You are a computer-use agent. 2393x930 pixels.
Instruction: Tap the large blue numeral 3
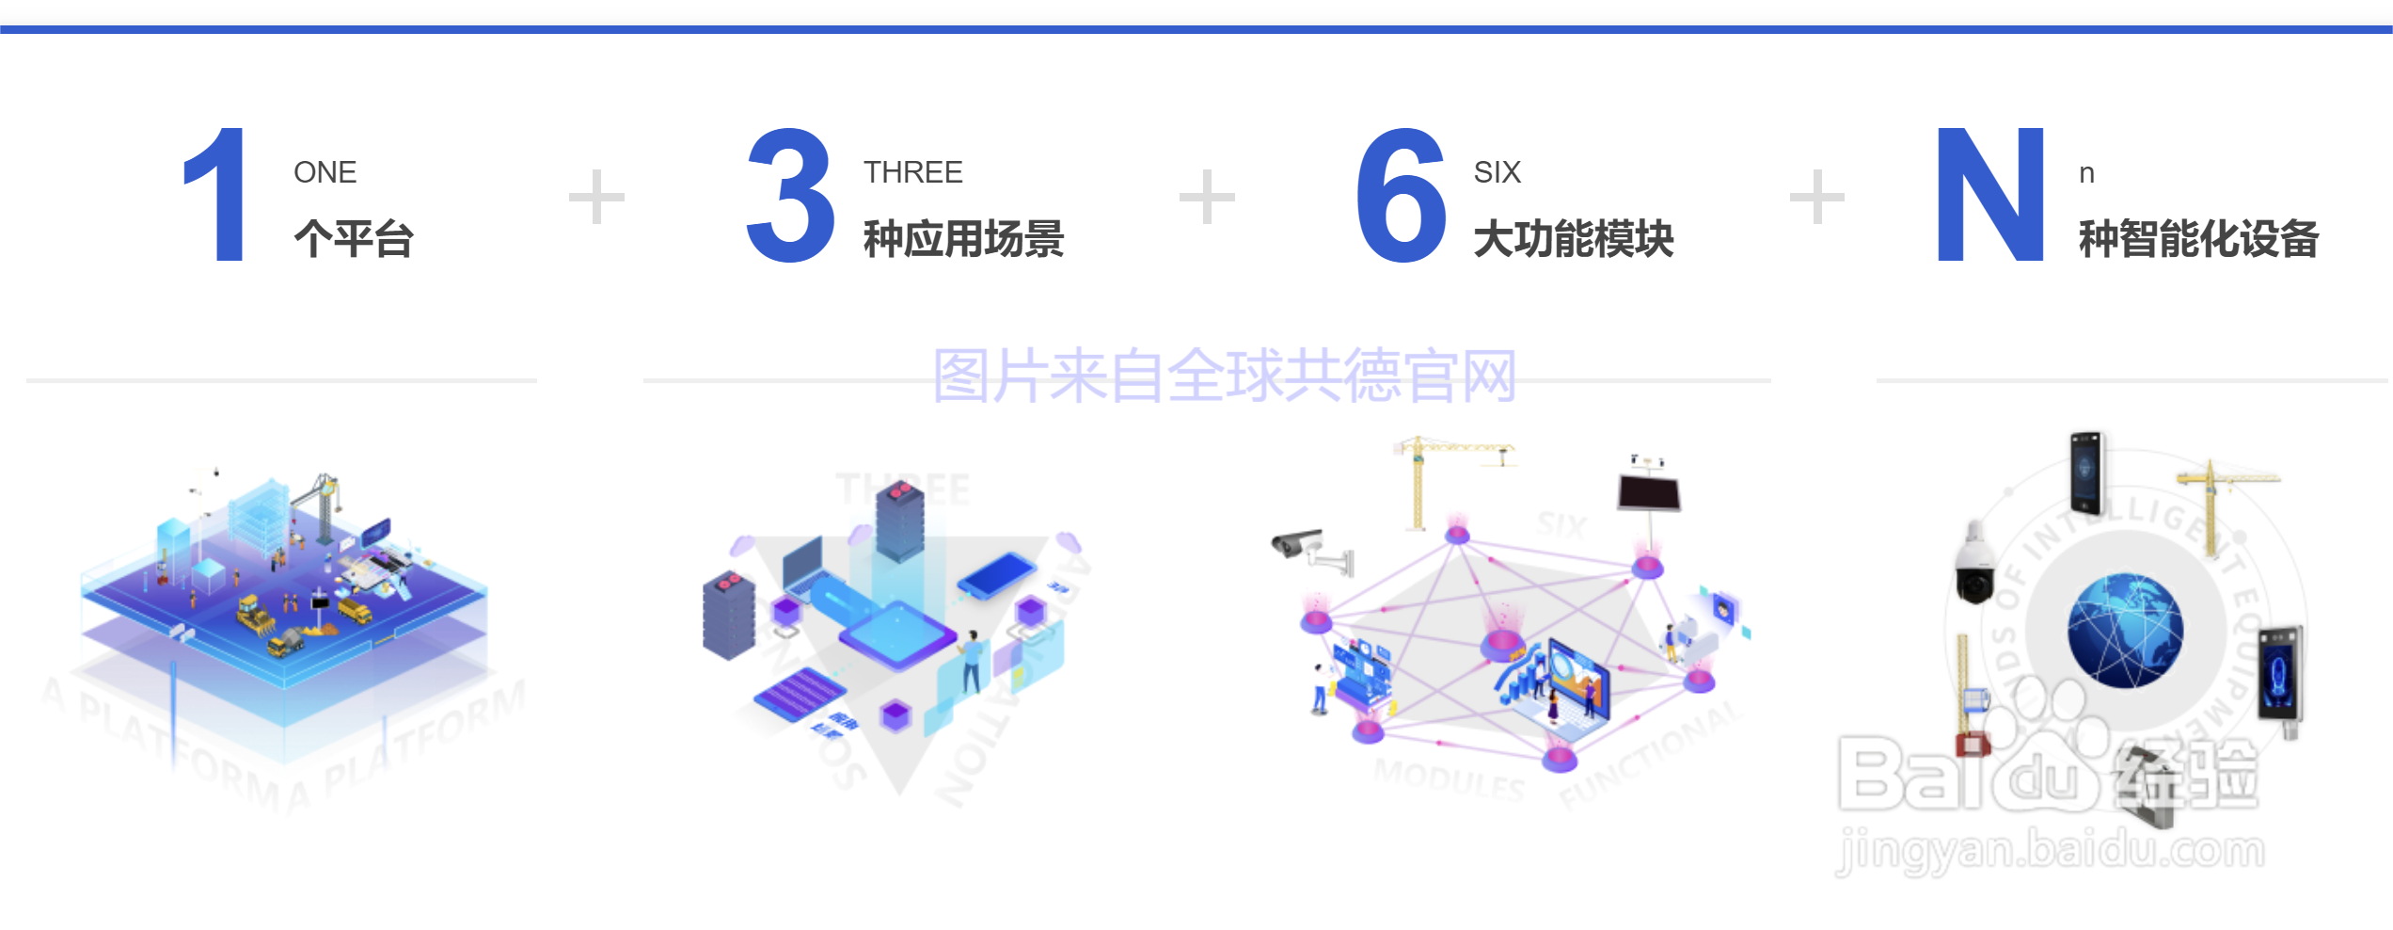coord(790,194)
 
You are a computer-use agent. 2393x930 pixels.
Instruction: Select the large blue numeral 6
coord(1401,194)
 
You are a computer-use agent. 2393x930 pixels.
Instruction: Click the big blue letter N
coord(1989,194)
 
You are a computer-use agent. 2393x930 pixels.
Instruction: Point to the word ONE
coord(325,172)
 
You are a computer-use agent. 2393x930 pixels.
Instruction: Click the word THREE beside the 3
coord(912,172)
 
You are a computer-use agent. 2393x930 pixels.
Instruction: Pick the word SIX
coord(1497,172)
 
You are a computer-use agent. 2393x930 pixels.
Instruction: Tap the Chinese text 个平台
coord(354,238)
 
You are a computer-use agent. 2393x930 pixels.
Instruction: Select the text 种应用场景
coord(963,238)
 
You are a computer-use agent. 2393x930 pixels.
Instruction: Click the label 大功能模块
coord(1574,238)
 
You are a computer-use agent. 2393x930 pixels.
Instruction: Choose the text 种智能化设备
coord(2198,238)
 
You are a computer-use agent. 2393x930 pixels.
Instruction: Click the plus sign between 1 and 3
coord(596,197)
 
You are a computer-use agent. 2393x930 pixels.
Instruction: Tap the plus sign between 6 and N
coord(1816,197)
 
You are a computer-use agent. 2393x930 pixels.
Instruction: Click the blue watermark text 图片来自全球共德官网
coord(1224,376)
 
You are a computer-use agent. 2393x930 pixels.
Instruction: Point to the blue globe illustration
coord(2125,631)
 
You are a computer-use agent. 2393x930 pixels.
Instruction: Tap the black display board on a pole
coord(1649,491)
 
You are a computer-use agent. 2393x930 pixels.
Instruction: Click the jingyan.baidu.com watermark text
coord(2051,850)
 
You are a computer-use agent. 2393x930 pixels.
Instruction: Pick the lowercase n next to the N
coord(2086,173)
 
